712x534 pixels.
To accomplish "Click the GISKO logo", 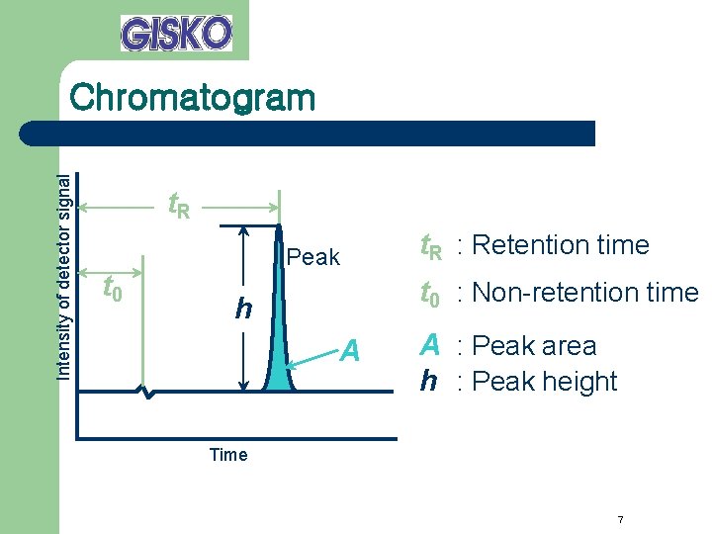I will point(176,33).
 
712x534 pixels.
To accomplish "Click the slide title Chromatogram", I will point(193,98).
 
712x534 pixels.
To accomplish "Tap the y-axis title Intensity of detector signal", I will point(63,277).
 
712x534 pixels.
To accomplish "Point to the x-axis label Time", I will point(228,455).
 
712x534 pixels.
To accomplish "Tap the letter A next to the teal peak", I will point(350,350).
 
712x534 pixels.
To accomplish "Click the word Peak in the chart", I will point(312,258).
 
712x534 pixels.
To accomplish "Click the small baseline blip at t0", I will point(146,394).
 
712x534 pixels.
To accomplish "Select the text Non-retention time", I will point(585,293).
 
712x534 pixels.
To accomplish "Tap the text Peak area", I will point(535,346).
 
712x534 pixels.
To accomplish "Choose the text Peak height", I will point(545,382).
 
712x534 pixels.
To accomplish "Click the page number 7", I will point(619,520).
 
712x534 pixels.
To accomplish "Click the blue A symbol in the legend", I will point(429,345).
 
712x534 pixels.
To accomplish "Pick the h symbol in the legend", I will point(428,382).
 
